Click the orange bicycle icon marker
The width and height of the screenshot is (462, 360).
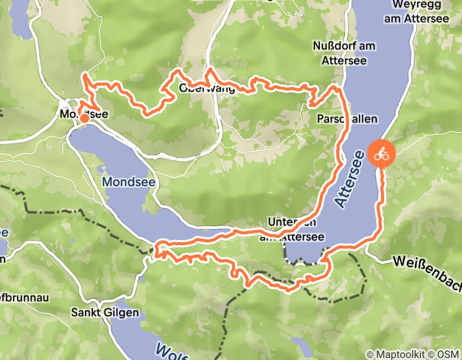click(x=382, y=154)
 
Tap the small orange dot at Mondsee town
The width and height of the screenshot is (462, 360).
click(x=84, y=118)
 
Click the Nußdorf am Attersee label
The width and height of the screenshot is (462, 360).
click(x=344, y=53)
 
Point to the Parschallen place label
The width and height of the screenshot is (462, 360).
click(x=347, y=119)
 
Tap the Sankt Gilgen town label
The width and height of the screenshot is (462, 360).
click(x=105, y=313)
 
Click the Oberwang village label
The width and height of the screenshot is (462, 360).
click(x=207, y=88)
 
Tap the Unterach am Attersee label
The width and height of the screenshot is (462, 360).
click(x=296, y=229)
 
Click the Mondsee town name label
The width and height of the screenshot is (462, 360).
click(x=83, y=114)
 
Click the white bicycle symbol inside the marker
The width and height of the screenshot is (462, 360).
click(x=382, y=154)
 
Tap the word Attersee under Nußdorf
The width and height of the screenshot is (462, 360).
click(x=344, y=60)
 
